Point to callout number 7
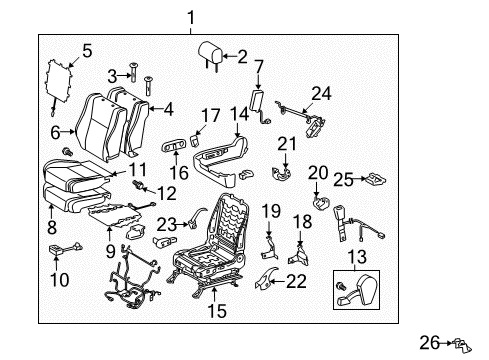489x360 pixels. [x=258, y=68]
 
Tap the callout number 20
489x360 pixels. [x=318, y=172]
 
